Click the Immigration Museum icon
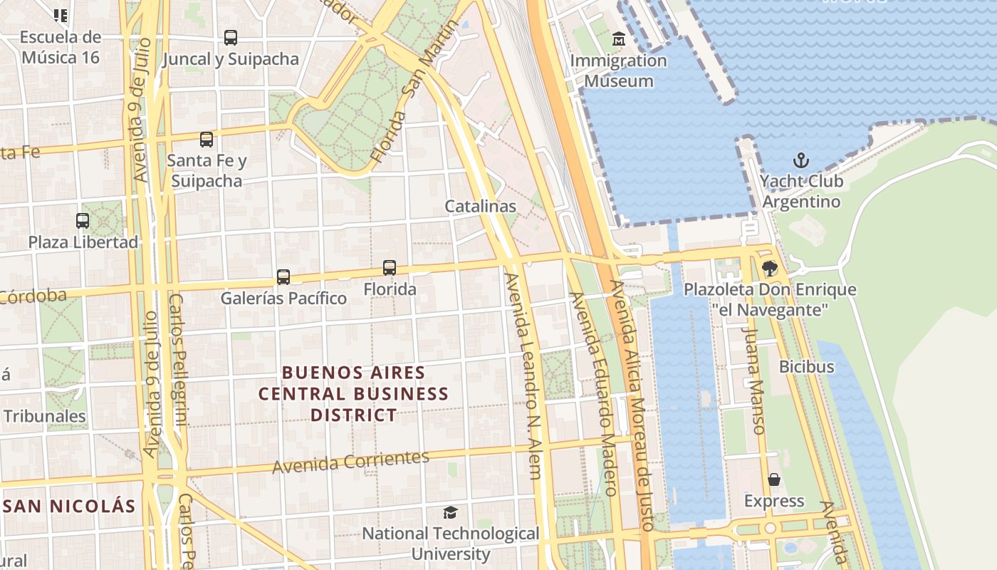(x=618, y=39)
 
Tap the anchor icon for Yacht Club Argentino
(x=801, y=160)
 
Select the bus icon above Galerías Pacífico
(x=283, y=276)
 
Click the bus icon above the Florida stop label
(x=390, y=268)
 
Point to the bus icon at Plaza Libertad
(x=83, y=221)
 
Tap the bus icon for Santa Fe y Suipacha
(x=207, y=140)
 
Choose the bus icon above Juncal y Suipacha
(x=230, y=38)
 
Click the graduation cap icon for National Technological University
(x=450, y=512)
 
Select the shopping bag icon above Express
(x=774, y=480)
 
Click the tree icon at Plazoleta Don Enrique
(x=769, y=269)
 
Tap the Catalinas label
(x=480, y=206)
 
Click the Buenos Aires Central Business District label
(x=353, y=393)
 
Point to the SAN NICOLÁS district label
(x=69, y=507)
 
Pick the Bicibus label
(x=806, y=367)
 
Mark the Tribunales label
(x=44, y=416)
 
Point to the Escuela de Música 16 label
(x=61, y=47)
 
